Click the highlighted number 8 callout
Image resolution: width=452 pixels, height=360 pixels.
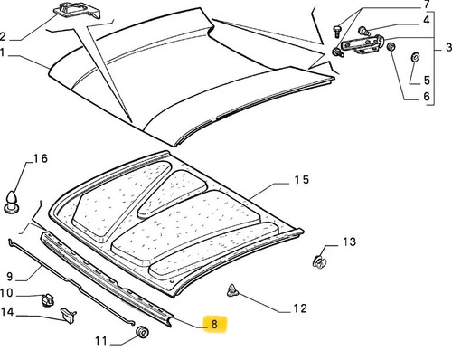pyautogui.click(x=214, y=324)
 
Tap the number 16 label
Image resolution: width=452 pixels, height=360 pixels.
pyautogui.click(x=41, y=158)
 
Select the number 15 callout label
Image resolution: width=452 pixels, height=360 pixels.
pyautogui.click(x=302, y=180)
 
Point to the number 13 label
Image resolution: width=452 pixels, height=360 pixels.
pyautogui.click(x=350, y=242)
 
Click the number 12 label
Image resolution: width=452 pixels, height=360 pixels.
pyautogui.click(x=300, y=308)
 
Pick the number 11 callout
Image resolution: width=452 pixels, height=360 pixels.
pyautogui.click(x=101, y=341)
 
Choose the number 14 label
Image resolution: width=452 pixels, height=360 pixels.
pyautogui.click(x=7, y=312)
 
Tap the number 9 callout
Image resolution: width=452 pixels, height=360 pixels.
pyautogui.click(x=10, y=277)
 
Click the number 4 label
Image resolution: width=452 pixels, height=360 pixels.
pyautogui.click(x=427, y=20)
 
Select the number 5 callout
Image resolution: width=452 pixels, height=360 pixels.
pyautogui.click(x=427, y=81)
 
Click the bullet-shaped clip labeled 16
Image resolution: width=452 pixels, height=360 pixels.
pyautogui.click(x=12, y=202)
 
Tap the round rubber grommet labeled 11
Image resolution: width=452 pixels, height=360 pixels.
pyautogui.click(x=142, y=332)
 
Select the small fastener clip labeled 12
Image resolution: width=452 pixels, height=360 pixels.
pyautogui.click(x=232, y=290)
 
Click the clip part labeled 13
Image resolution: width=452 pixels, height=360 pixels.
pyautogui.click(x=320, y=261)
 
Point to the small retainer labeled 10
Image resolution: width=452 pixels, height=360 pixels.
pyautogui.click(x=47, y=300)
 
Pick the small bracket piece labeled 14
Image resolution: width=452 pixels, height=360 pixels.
pyautogui.click(x=69, y=315)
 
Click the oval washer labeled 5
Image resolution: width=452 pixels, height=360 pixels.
pyautogui.click(x=416, y=56)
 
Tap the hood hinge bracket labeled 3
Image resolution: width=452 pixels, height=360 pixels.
pyautogui.click(x=363, y=44)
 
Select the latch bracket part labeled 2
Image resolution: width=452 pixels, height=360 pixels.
pyautogui.click(x=77, y=12)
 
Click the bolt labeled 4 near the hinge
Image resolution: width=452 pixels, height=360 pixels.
pyautogui.click(x=364, y=31)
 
